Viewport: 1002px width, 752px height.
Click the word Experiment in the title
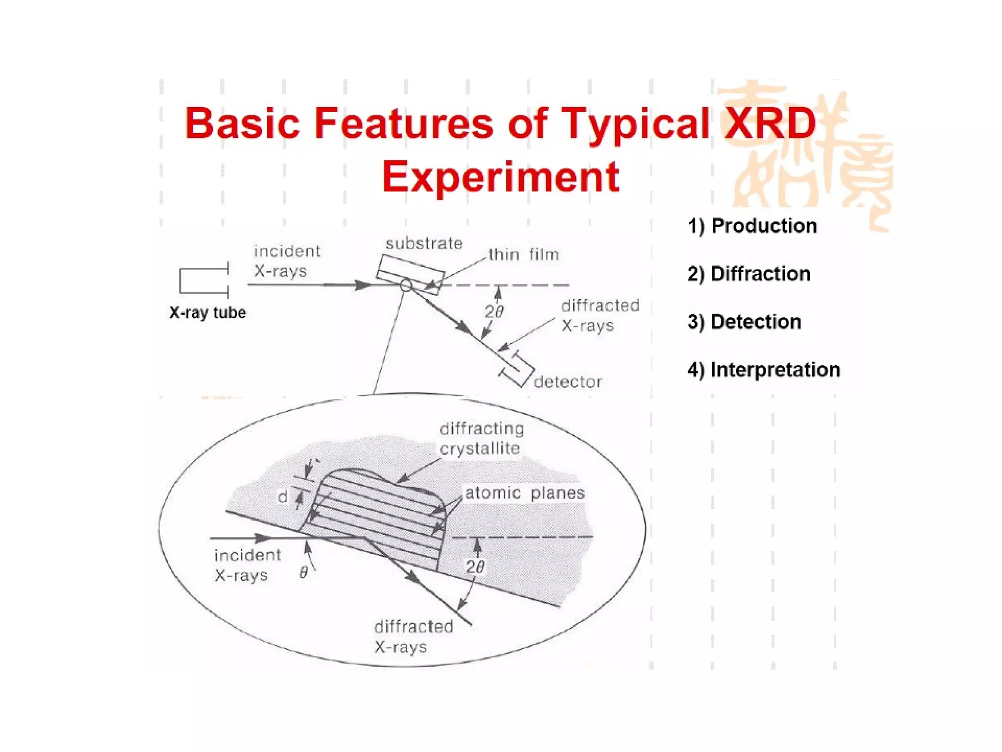[501, 177]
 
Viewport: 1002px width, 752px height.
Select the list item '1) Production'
[752, 226]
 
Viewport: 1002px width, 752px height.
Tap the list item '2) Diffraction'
[749, 274]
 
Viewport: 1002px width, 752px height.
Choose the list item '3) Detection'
[744, 322]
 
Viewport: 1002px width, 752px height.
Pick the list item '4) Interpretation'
[764, 370]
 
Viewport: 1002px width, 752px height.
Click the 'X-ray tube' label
[207, 312]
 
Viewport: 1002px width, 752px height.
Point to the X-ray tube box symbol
[203, 281]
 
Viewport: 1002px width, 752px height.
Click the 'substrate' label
[424, 243]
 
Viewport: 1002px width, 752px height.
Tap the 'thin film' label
[524, 255]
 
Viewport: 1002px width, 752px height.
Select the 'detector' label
[568, 382]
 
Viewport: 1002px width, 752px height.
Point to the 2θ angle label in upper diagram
[494, 311]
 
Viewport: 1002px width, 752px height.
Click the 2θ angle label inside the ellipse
[475, 567]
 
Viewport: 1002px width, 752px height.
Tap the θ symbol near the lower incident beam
[304, 572]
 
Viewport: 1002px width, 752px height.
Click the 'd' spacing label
[283, 497]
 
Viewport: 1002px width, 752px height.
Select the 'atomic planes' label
[524, 493]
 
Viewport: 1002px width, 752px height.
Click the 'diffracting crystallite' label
[481, 439]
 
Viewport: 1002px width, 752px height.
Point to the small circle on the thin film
[406, 285]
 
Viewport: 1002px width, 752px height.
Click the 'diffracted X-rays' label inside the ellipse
[413, 636]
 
